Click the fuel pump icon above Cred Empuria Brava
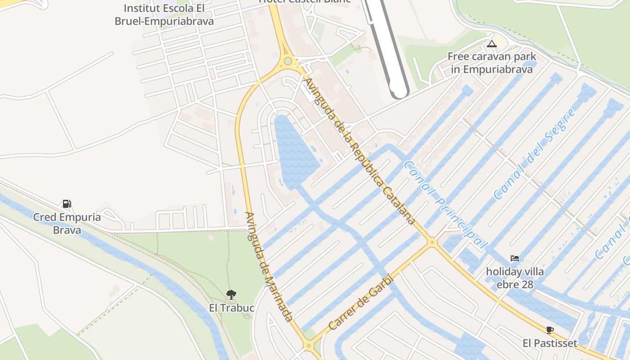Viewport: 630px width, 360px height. (67, 204)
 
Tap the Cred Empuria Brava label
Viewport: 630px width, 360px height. (67, 224)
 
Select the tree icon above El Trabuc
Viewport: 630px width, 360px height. (231, 295)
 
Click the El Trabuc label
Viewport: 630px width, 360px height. (232, 308)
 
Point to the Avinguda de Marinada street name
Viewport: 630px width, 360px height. (269, 266)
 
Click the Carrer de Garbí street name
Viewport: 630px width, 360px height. (361, 303)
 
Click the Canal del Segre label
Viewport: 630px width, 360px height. (534, 154)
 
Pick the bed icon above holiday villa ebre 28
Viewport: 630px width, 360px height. (515, 258)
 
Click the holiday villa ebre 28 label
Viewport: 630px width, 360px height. (515, 278)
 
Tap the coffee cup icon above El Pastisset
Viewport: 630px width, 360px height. (549, 330)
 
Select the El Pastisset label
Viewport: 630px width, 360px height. (549, 343)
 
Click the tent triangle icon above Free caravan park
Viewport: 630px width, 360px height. (491, 44)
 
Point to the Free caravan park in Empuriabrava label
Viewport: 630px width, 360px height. (491, 63)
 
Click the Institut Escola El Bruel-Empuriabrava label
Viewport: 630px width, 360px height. (164, 15)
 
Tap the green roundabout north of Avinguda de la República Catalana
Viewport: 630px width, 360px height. (288, 61)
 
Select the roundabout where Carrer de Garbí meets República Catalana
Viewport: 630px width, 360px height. (432, 242)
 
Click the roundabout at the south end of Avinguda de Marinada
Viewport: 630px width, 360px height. (308, 346)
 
